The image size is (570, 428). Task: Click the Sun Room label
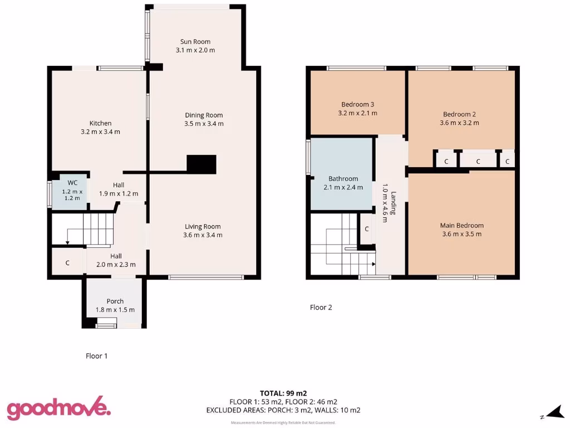tap(195, 42)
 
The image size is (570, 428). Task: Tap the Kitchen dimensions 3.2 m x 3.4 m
tap(100, 132)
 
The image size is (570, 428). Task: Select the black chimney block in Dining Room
tap(201, 164)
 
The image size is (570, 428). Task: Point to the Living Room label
tap(203, 226)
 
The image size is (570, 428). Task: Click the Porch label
tap(115, 301)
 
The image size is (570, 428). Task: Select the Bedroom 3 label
tap(357, 104)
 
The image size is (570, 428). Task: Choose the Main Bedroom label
tap(461, 225)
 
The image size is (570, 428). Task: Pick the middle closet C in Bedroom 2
tap(478, 162)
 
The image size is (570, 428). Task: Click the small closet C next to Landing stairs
tap(366, 229)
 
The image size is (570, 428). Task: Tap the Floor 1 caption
tap(96, 356)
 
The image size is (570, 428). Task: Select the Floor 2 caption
tap(321, 307)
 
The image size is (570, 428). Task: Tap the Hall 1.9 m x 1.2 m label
tap(119, 189)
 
